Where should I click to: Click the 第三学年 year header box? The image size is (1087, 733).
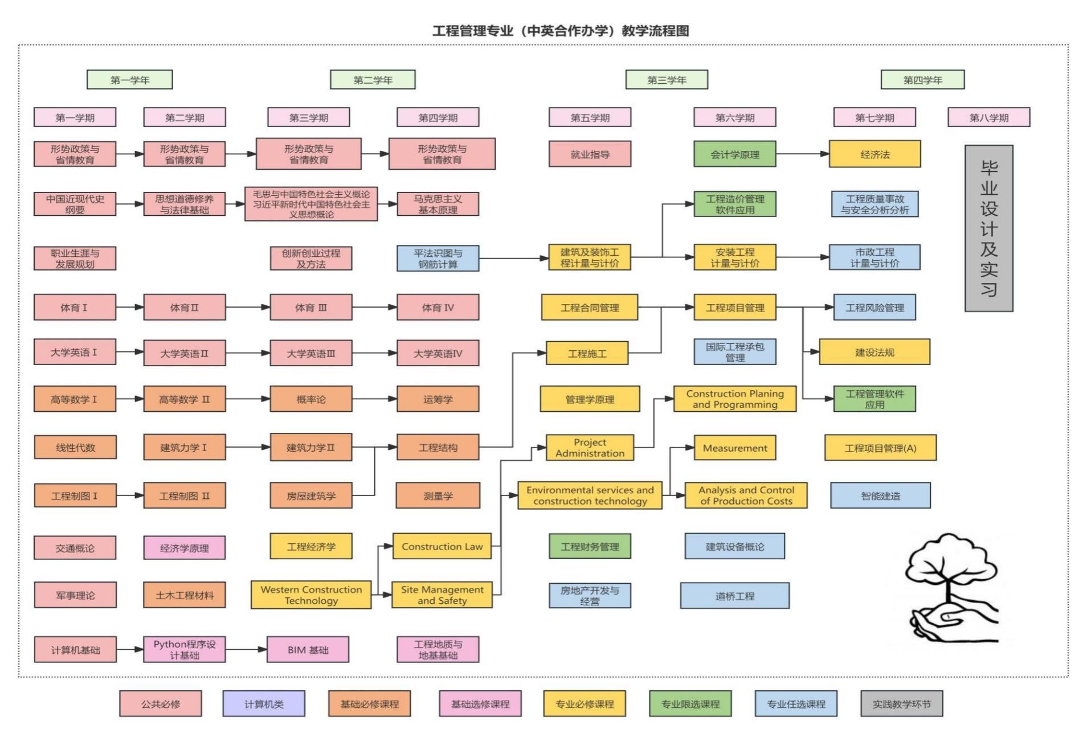[667, 80]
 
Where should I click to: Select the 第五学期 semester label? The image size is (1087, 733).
[590, 117]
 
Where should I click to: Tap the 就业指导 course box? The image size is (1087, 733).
[590, 154]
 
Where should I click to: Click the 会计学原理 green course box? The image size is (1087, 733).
[734, 154]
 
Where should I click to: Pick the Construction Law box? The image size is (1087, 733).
[442, 547]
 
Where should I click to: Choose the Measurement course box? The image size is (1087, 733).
[734, 448]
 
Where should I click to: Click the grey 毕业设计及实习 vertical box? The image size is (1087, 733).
[988, 228]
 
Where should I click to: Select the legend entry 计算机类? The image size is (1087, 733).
[264, 704]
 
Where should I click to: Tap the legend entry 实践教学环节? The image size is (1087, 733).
[901, 704]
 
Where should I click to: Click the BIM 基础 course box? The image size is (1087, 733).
[308, 650]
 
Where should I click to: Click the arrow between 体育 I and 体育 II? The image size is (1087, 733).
[130, 308]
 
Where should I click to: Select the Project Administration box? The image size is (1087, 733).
[590, 448]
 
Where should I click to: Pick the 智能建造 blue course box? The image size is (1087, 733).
[880, 496]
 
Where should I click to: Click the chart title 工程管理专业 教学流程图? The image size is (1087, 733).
[561, 31]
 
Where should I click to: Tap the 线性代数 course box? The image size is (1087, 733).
[75, 448]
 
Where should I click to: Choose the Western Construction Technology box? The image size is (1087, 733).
[311, 595]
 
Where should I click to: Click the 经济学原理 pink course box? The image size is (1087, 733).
[184, 548]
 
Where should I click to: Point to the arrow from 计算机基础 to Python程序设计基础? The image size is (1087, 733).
[130, 649]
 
